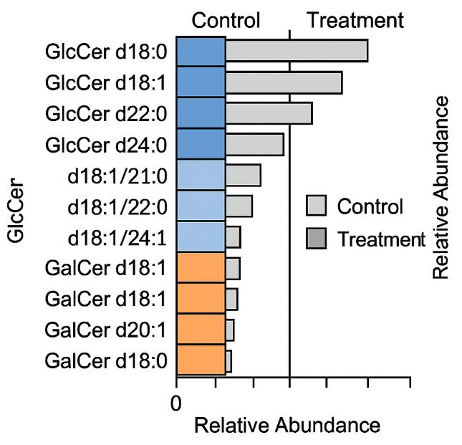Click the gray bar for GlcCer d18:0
click(297, 51)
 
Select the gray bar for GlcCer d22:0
click(269, 113)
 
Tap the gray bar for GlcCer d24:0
click(254, 144)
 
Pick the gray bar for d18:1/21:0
click(243, 176)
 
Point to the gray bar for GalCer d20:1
click(230, 330)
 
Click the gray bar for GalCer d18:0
click(228, 361)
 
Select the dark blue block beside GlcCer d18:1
click(201, 82)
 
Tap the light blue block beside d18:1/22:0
click(201, 206)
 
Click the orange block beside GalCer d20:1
click(201, 330)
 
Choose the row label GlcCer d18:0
click(105, 52)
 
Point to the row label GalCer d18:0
click(105, 361)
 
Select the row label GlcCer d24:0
click(105, 144)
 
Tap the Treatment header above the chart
click(355, 19)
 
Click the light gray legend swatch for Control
click(316, 206)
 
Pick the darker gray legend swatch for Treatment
click(316, 238)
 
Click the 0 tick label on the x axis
click(176, 403)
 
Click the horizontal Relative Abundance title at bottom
click(287, 426)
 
